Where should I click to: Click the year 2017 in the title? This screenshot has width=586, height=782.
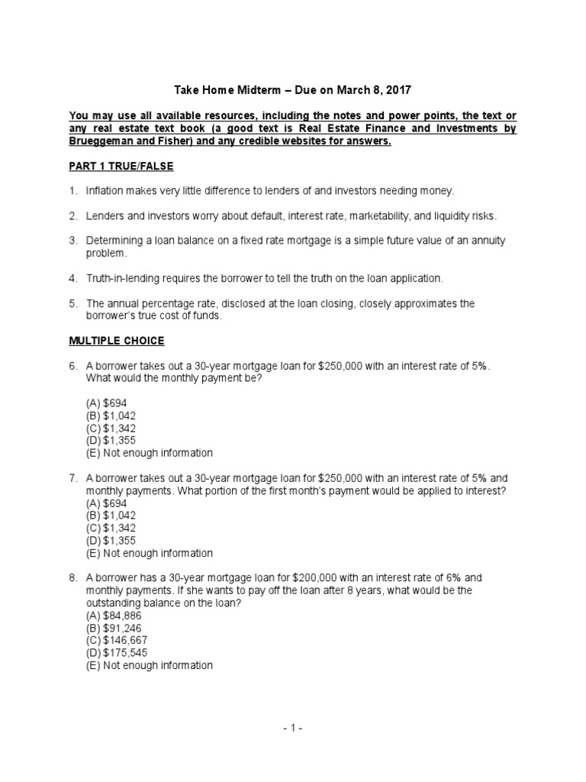[398, 90]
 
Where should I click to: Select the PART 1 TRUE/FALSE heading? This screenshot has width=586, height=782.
[121, 167]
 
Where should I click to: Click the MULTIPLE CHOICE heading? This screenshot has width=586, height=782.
[117, 341]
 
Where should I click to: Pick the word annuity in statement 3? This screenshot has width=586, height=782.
[485, 241]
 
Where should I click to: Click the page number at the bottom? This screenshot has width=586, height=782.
[292, 729]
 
